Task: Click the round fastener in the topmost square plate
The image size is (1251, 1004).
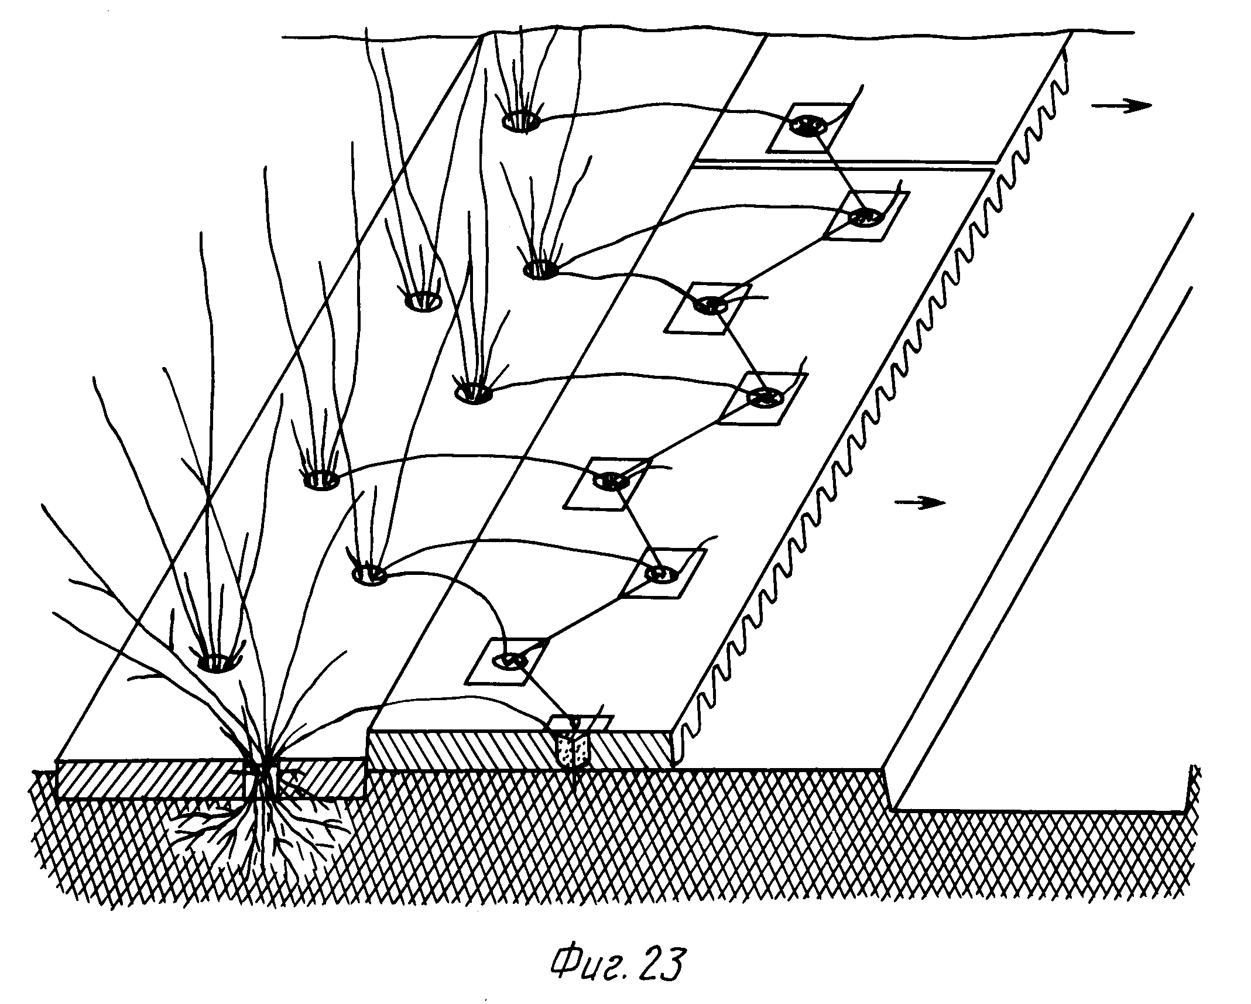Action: (808, 125)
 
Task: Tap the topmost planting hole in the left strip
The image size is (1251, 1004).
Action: (520, 122)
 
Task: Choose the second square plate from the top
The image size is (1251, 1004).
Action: (866, 215)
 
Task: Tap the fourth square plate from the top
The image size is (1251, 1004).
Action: (763, 398)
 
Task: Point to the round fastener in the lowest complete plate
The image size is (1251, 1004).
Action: (509, 660)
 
